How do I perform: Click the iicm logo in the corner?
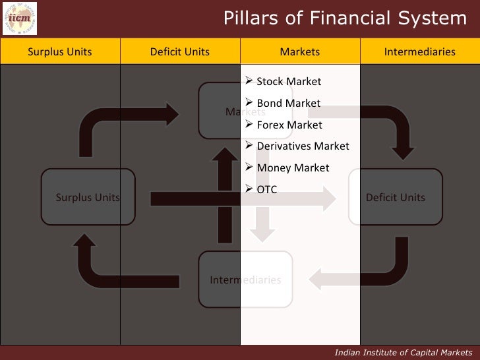coord(20,18)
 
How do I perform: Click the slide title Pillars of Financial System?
coord(345,18)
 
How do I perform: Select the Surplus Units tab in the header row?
coord(60,51)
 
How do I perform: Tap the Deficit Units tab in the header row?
coord(180,51)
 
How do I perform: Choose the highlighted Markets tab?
coord(300,51)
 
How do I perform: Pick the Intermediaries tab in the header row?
coord(420,51)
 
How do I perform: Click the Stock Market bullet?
coord(289,82)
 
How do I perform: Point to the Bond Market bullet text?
coord(289,104)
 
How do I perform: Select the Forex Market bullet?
coord(289,125)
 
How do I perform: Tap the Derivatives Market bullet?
coord(303,146)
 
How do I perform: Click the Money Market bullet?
coord(293,167)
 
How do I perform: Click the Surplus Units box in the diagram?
coord(88,197)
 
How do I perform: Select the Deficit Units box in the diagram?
coord(396,197)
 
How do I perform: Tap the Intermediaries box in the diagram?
coord(245,280)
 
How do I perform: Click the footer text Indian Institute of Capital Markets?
coord(404,352)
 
